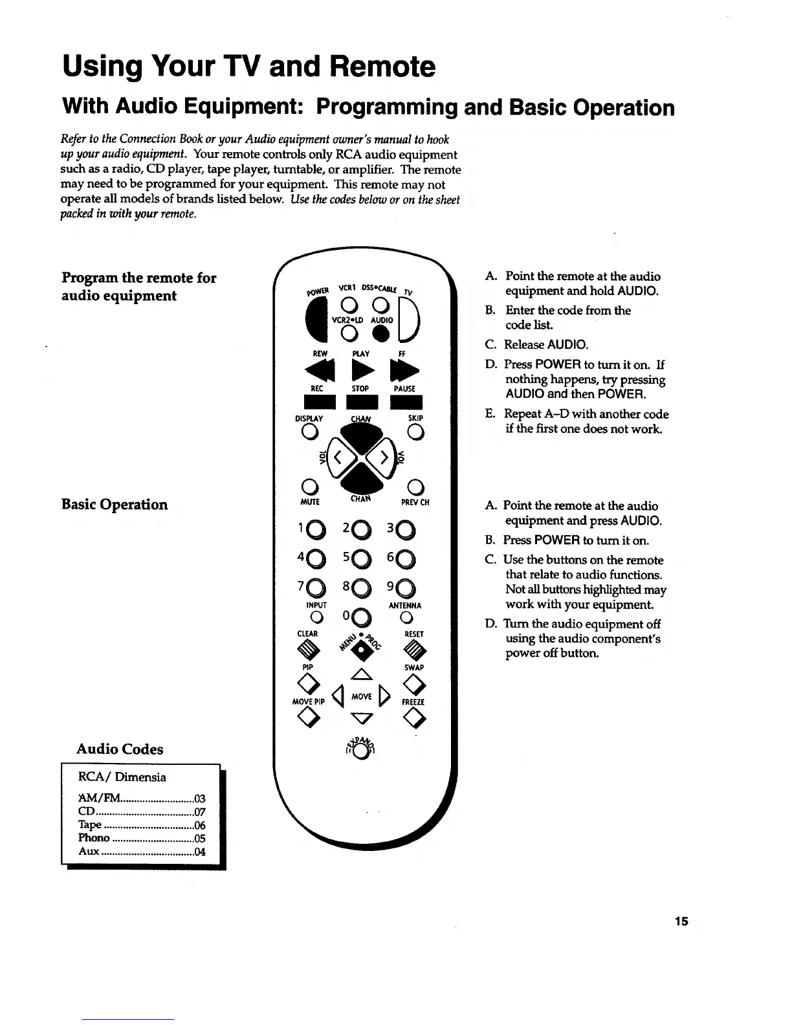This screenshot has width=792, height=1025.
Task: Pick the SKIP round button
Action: click(x=415, y=433)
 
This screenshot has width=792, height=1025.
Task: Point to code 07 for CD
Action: click(x=200, y=811)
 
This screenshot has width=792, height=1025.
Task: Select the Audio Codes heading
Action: click(x=120, y=749)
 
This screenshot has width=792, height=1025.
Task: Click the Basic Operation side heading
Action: click(x=115, y=505)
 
